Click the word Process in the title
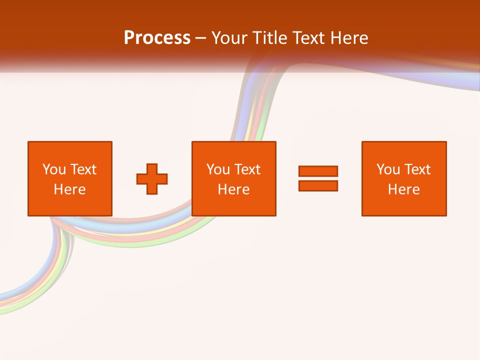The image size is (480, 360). (x=157, y=38)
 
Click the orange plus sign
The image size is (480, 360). (x=152, y=179)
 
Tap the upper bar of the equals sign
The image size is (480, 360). (x=318, y=171)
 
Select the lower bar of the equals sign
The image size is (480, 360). (x=318, y=185)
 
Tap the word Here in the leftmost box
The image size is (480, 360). (x=69, y=189)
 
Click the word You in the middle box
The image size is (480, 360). (x=218, y=169)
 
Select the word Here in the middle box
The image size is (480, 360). (x=233, y=189)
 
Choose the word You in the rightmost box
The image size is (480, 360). (x=388, y=169)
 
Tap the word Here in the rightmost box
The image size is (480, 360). (x=403, y=189)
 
